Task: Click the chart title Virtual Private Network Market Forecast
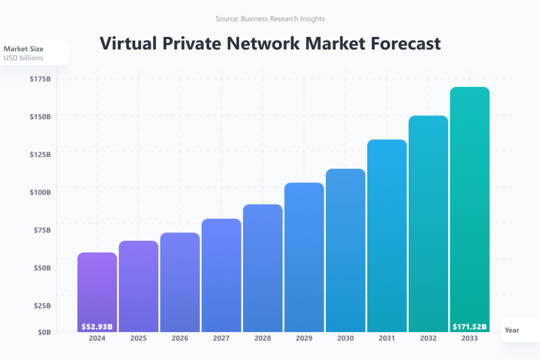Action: pos(270,43)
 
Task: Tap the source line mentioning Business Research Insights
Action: pos(270,18)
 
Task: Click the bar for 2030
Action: pos(345,250)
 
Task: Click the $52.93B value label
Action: pos(97,327)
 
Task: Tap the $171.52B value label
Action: pos(469,327)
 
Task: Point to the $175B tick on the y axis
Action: pos(40,79)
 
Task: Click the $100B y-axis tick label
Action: pos(40,192)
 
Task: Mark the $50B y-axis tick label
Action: pos(42,267)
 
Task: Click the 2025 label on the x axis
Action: pos(139,339)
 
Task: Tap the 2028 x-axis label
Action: pos(263,339)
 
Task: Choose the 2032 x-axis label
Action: pos(428,339)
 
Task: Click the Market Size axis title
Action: pos(23,48)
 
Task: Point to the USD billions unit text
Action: pos(23,57)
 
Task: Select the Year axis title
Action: pos(512,330)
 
